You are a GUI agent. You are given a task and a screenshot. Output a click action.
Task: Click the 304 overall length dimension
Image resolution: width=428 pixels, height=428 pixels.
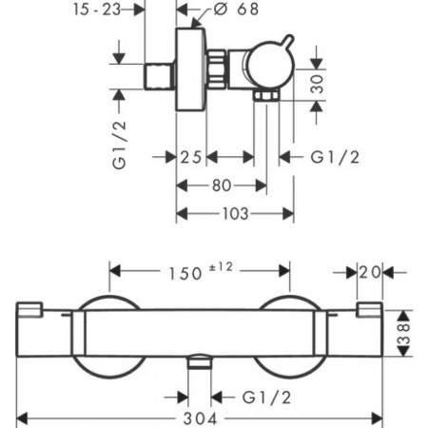click(x=204, y=417)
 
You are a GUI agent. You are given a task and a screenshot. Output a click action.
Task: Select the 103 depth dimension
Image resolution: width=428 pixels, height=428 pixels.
click(x=234, y=214)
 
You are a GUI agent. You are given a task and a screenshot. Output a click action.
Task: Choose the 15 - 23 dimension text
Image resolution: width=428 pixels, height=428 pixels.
click(x=96, y=10)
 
